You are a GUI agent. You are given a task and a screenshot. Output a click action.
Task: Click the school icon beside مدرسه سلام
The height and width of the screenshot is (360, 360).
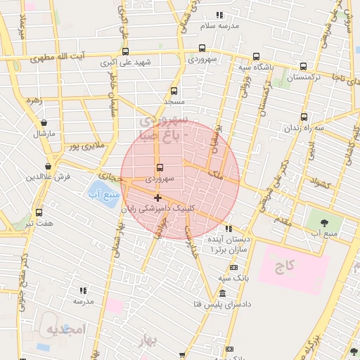pos(219,15)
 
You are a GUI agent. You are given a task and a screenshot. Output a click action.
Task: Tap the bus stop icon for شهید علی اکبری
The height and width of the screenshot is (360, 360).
pos(125,51)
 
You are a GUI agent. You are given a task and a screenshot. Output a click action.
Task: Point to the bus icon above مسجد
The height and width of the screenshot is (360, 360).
pos(174,91)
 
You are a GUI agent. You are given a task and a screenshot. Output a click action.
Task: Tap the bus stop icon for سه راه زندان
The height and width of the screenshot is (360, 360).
pos(304,117)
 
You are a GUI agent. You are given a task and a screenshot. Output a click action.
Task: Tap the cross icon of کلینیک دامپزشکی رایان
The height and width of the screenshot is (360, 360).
pos(157,198)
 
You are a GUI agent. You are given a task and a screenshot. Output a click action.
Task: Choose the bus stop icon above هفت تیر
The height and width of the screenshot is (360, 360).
pos(39,212)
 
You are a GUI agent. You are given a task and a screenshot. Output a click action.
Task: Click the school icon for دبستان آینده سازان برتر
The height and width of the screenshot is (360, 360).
pos(228,229)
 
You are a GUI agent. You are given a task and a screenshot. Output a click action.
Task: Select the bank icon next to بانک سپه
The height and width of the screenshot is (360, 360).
pos(233,267)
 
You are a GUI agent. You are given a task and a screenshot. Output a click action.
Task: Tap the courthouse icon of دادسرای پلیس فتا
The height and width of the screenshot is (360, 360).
pos(222,293)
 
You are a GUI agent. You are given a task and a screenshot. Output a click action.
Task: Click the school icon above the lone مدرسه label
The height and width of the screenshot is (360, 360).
pos(83,290)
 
